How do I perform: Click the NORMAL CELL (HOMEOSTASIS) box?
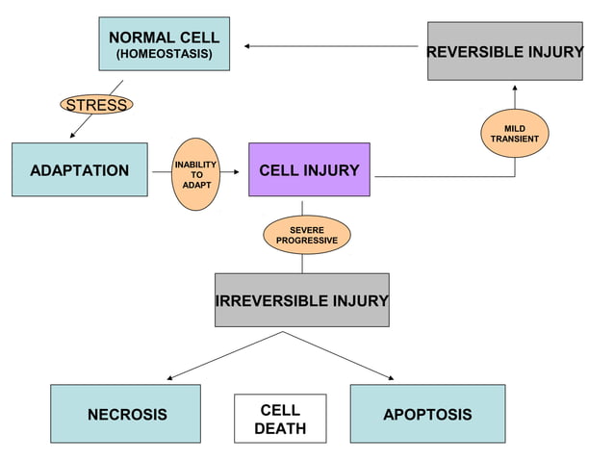(164, 43)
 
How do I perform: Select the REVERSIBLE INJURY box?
(504, 51)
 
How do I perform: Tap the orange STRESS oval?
(96, 105)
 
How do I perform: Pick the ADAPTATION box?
(79, 170)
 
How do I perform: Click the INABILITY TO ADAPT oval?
(195, 174)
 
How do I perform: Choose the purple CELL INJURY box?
(309, 170)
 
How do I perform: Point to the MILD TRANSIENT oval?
(514, 134)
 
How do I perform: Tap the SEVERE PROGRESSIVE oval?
(306, 235)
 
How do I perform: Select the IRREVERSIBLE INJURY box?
(301, 300)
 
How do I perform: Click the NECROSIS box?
(126, 415)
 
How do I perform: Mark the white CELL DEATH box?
(280, 419)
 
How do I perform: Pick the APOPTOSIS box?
(427, 415)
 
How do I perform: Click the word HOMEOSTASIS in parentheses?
(165, 54)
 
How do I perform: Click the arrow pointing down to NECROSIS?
(221, 356)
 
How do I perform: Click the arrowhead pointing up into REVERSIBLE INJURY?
(514, 89)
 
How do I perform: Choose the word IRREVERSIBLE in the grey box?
(272, 301)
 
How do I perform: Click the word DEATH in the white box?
(280, 429)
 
